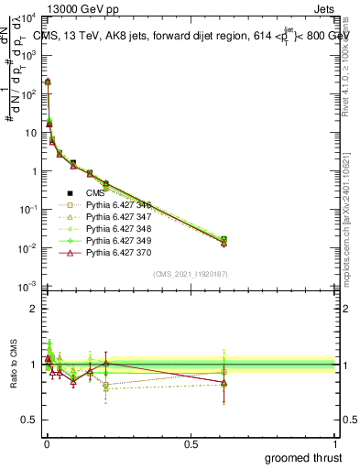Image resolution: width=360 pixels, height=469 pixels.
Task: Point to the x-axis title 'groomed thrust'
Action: coord(303,456)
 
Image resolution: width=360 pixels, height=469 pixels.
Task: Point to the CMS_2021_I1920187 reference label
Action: coord(191,273)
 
